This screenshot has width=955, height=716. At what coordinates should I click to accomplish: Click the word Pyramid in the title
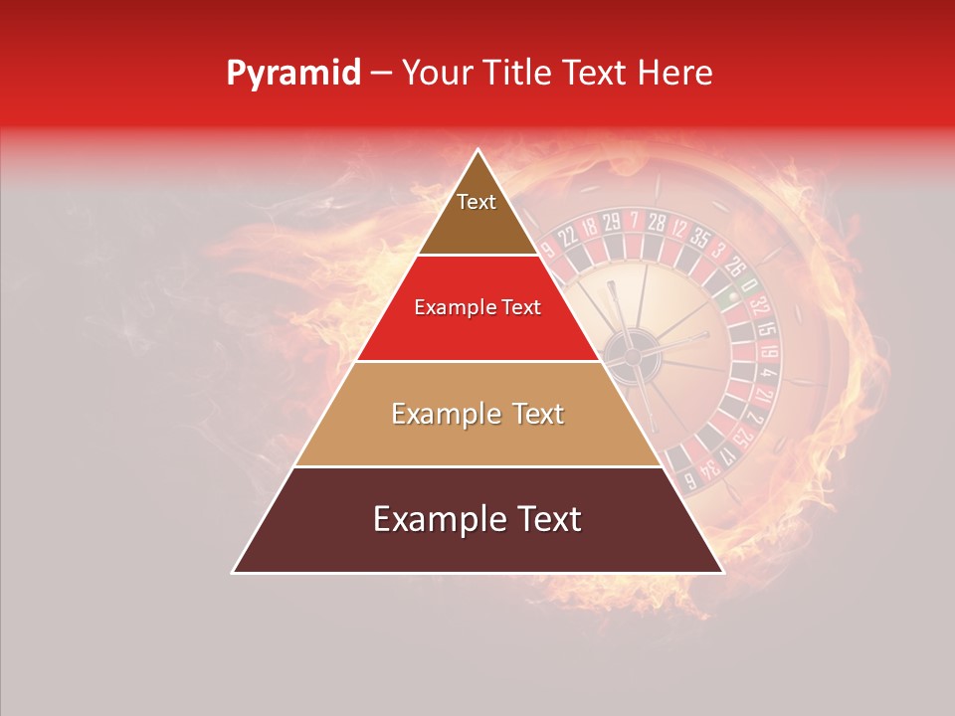(292, 74)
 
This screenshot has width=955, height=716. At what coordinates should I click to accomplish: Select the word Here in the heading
(678, 74)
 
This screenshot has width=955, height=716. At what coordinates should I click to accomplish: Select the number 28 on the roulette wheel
(657, 222)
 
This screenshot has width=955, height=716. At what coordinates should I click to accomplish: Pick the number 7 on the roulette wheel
(634, 219)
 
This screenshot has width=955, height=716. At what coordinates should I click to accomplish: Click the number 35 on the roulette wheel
(698, 239)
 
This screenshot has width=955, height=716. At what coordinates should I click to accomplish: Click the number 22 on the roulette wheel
(568, 236)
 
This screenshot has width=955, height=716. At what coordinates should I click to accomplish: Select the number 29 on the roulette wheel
(611, 221)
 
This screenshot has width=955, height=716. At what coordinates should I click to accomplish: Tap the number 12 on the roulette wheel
(679, 229)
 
